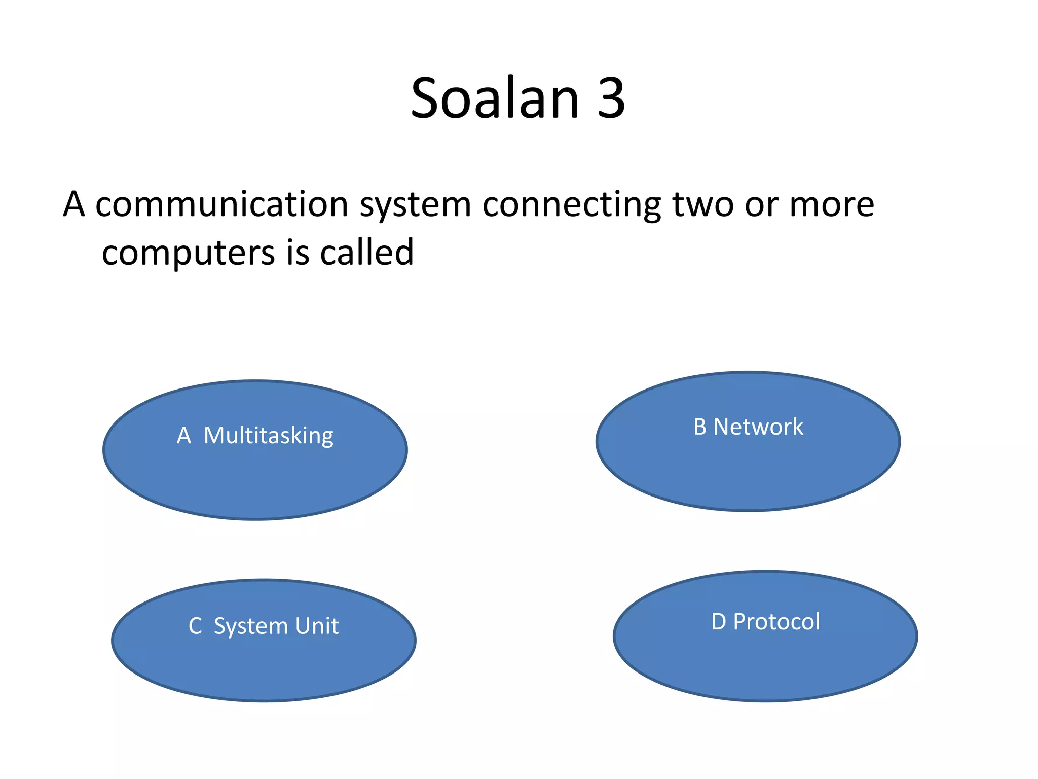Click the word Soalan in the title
click(495, 98)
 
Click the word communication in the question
click(221, 204)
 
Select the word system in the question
click(416, 205)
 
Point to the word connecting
click(571, 205)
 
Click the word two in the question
click(703, 204)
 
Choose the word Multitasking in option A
click(268, 436)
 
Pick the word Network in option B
click(758, 427)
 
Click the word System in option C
click(251, 626)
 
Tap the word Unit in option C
click(317, 626)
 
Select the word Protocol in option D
click(776, 622)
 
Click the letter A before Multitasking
click(183, 436)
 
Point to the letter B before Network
click(700, 427)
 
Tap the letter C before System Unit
click(195, 626)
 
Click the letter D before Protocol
click(719, 622)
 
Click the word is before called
click(298, 252)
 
